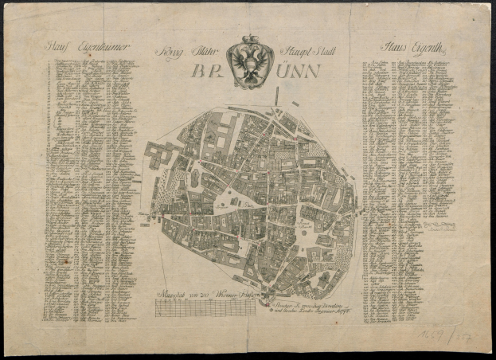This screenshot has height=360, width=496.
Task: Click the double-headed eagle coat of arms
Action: tap(251, 63)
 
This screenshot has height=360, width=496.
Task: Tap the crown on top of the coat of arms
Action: tap(251, 40)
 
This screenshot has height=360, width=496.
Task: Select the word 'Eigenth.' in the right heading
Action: tap(419, 47)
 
